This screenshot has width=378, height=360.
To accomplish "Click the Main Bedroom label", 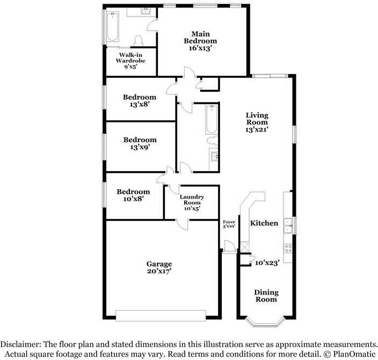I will pyautogui.click(x=200, y=37).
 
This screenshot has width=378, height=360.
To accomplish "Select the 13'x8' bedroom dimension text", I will pyautogui.click(x=140, y=105).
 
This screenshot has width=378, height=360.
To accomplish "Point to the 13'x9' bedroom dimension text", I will pyautogui.click(x=140, y=148).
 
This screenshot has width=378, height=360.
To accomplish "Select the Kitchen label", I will pyautogui.click(x=264, y=223).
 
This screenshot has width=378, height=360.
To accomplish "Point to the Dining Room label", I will pyautogui.click(x=266, y=296).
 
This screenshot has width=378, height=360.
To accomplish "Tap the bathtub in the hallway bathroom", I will pyautogui.click(x=211, y=120).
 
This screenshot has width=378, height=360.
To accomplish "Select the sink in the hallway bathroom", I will pyautogui.click(x=214, y=156).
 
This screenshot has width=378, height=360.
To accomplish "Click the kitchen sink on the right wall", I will pyautogui.click(x=288, y=225).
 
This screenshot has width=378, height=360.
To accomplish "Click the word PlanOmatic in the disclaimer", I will pyautogui.click(x=351, y=354).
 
